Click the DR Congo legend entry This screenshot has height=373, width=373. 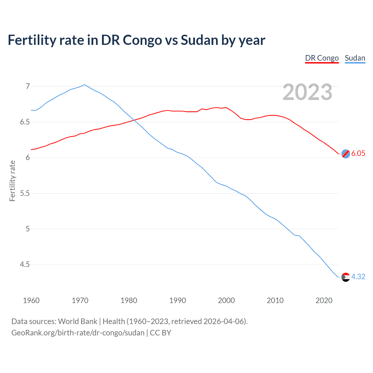(322, 58)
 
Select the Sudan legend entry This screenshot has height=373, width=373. (355, 58)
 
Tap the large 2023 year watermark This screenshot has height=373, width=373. (307, 92)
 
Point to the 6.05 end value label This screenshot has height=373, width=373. (358, 154)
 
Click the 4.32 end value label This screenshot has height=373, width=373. (358, 277)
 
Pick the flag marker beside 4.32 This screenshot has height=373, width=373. (346, 277)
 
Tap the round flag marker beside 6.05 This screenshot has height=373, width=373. (346, 154)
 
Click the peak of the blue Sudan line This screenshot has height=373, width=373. (85, 85)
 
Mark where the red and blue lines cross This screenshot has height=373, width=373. (134, 120)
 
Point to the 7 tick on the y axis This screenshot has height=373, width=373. (28, 86)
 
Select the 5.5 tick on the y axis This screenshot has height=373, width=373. (25, 193)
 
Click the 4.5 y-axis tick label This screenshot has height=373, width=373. (25, 265)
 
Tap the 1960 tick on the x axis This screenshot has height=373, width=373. (31, 300)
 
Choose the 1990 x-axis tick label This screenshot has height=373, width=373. (177, 300)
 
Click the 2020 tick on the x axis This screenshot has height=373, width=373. (324, 300)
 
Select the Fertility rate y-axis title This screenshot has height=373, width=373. (12, 181)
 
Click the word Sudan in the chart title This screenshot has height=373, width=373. (199, 40)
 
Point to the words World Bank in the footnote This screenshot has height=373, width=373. (78, 321)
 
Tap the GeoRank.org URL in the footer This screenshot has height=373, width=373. (78, 333)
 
